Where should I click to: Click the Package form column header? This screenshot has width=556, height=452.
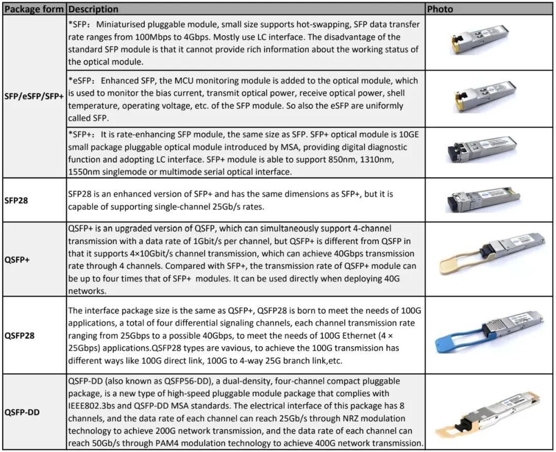point(34,9)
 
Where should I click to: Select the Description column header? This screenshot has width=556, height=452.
point(93,9)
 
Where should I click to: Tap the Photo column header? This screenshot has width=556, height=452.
point(440,9)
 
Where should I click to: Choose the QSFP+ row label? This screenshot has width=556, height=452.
point(17,259)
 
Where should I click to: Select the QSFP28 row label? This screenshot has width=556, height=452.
point(20,336)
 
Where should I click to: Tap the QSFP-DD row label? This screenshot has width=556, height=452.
point(22,412)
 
